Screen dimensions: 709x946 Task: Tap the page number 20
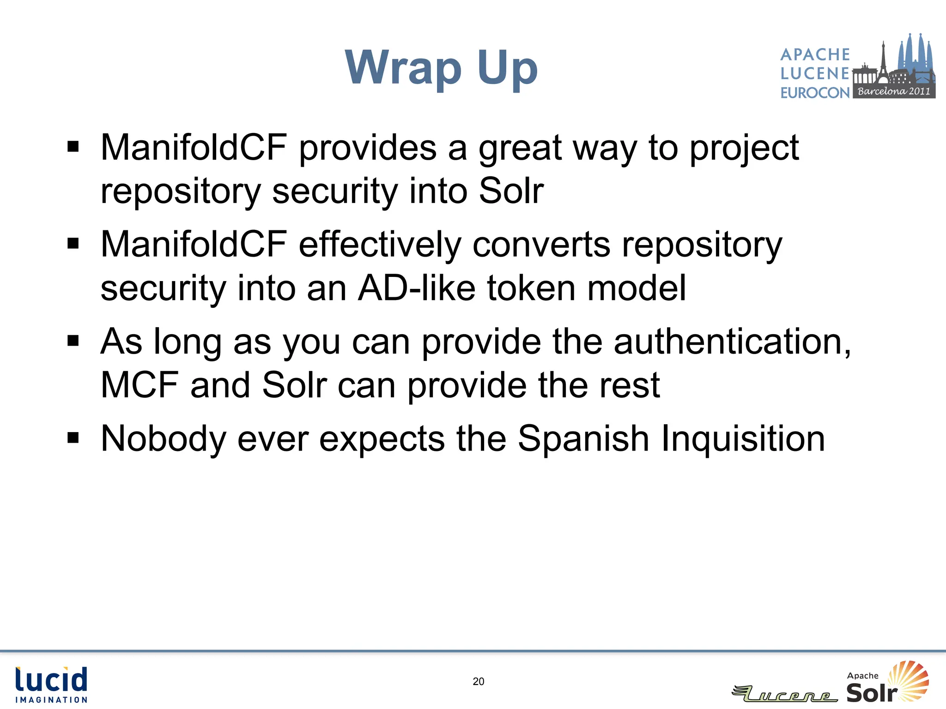pyautogui.click(x=479, y=681)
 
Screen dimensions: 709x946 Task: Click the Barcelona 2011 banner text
pyautogui.click(x=893, y=91)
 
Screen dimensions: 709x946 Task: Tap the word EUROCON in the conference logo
pyautogui.click(x=815, y=93)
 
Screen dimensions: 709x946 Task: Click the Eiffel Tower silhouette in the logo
pyautogui.click(x=883, y=60)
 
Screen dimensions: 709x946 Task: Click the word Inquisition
pyautogui.click(x=743, y=439)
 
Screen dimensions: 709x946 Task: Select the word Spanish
pyautogui.click(x=583, y=439)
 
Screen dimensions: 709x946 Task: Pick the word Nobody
pyautogui.click(x=163, y=439)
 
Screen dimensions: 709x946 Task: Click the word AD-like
pyautogui.click(x=416, y=288)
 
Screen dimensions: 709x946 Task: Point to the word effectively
pyautogui.click(x=379, y=244)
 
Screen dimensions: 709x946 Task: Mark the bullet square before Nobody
pyautogui.click(x=73, y=437)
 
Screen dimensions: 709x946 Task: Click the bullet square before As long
pyautogui.click(x=73, y=341)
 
